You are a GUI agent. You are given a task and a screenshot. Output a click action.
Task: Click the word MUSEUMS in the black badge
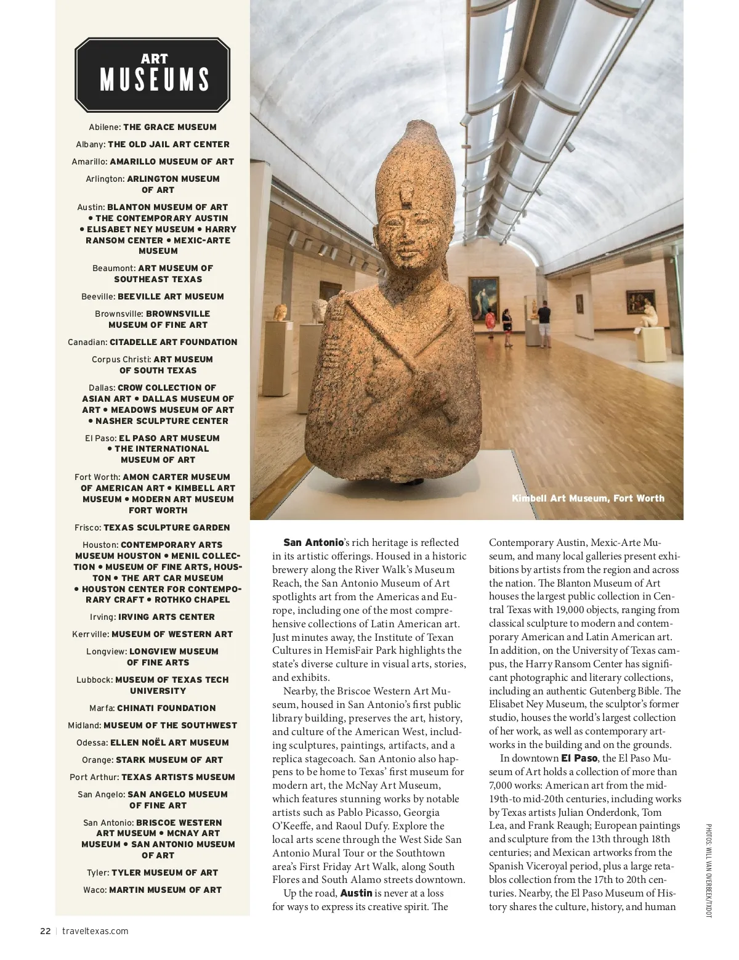point(155,80)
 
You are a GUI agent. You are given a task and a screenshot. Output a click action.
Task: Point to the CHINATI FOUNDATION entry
point(166,709)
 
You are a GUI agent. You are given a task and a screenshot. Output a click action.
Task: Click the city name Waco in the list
point(95,890)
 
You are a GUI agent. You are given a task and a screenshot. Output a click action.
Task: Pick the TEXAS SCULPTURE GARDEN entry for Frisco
point(166,528)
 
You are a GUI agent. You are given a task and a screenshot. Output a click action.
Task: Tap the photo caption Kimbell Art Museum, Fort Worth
point(588,498)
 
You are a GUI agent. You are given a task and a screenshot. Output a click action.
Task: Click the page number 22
point(46,931)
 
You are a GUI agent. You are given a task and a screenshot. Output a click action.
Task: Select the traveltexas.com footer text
point(95,931)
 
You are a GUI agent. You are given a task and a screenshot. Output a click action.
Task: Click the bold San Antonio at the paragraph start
point(313,543)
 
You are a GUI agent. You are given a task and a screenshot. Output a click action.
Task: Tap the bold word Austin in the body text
point(356,893)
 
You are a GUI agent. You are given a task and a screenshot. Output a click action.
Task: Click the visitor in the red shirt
point(490,321)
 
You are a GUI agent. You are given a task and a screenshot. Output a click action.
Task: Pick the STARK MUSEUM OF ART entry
point(169,760)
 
